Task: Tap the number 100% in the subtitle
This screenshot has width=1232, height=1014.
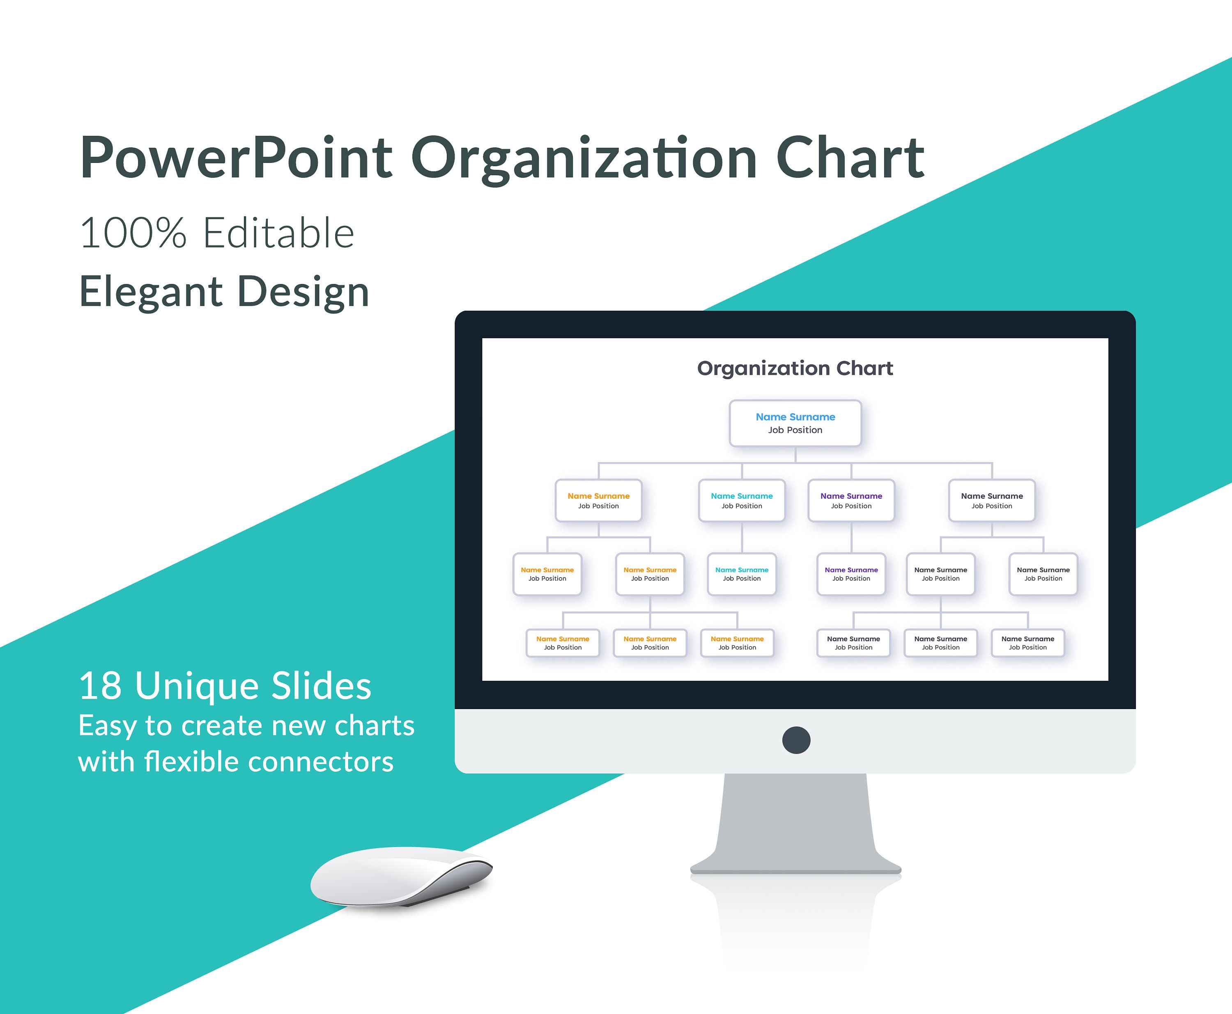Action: (133, 233)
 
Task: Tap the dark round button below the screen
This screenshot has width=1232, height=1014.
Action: (796, 740)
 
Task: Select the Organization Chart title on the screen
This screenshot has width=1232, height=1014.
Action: (795, 369)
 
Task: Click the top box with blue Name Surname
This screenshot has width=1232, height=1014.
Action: (795, 423)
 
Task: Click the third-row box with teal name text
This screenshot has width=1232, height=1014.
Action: (742, 574)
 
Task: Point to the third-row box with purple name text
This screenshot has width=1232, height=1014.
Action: (851, 574)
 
